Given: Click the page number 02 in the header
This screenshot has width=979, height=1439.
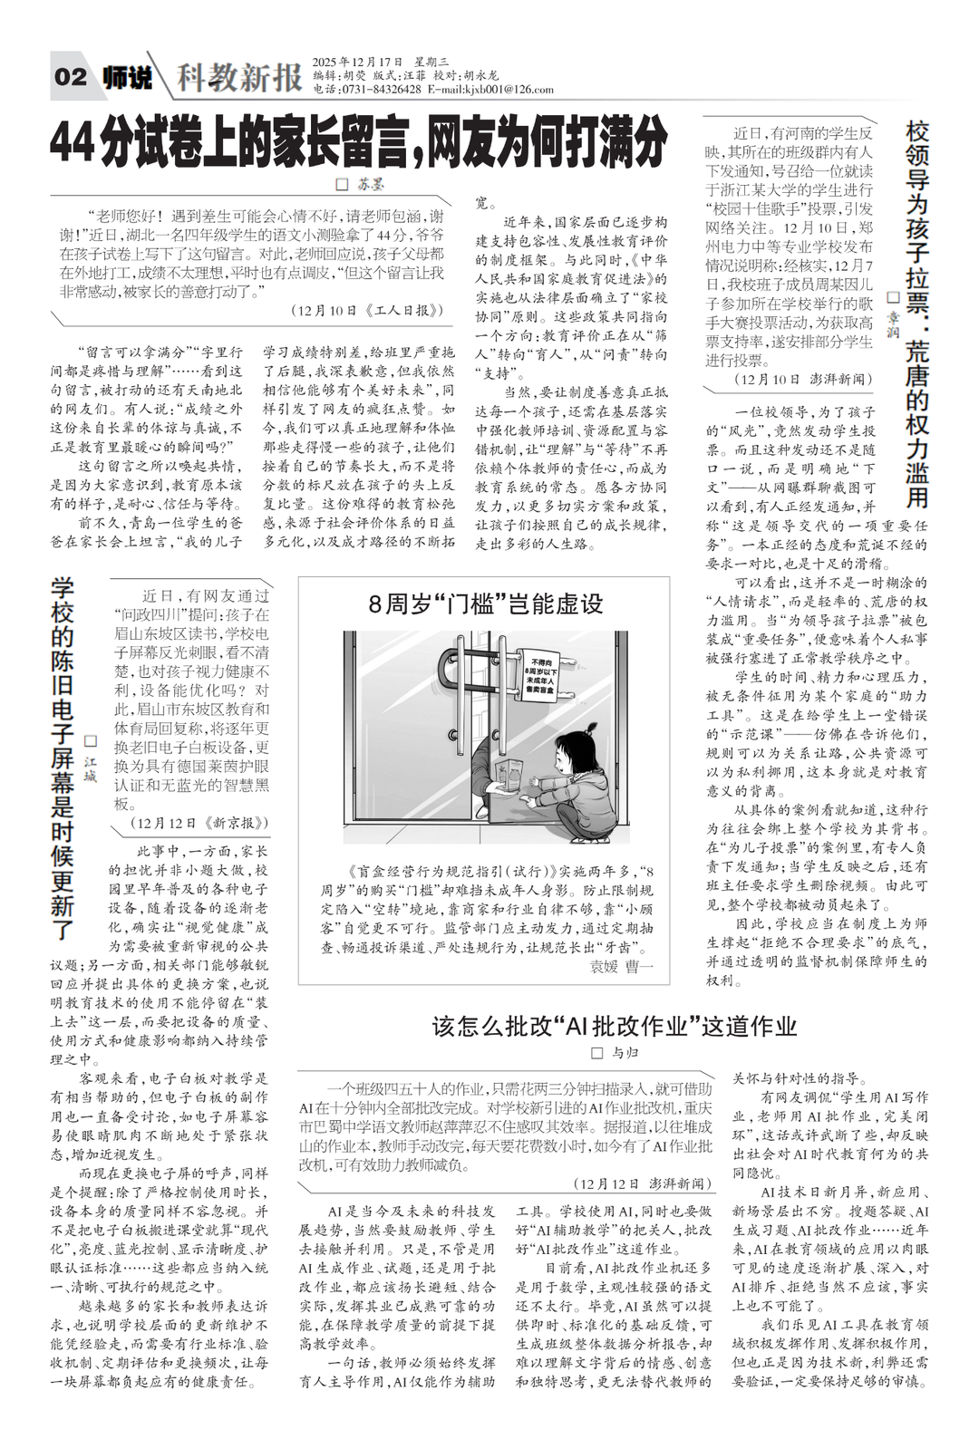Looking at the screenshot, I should [x=71, y=76].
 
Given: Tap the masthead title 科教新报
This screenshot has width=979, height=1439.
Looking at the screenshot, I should [x=239, y=78].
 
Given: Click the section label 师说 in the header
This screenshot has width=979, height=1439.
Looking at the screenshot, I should [x=127, y=77].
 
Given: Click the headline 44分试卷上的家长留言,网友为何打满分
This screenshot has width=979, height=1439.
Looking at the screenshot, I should [x=359, y=141].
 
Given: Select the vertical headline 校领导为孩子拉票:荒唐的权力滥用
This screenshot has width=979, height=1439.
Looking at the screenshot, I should [x=917, y=313].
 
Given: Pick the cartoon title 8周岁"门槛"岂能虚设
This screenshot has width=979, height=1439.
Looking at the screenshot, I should [x=485, y=604].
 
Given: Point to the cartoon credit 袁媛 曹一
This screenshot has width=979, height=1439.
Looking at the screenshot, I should [x=621, y=967].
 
